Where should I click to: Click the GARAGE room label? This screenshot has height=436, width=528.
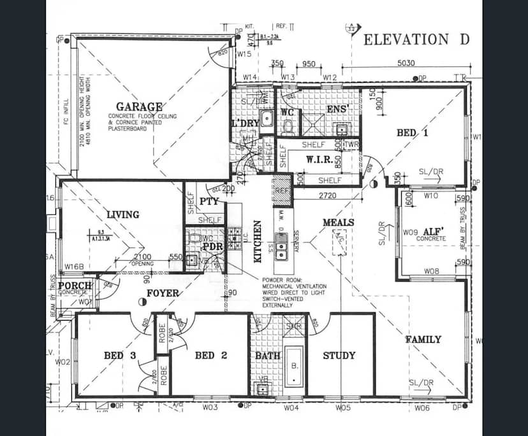click(138, 106)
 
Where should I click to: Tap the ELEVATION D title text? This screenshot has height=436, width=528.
click(416, 40)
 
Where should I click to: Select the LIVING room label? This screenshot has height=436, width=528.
click(122, 214)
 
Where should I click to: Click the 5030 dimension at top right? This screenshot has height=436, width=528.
click(406, 63)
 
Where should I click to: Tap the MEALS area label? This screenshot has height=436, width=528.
click(338, 222)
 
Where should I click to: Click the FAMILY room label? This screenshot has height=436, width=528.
click(423, 339)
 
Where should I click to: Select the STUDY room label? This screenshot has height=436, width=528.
click(339, 355)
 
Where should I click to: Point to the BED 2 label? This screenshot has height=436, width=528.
click(210, 355)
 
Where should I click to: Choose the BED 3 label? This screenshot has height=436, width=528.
click(120, 355)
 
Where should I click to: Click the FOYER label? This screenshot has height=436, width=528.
click(163, 293)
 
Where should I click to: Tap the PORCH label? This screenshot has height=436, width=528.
click(75, 285)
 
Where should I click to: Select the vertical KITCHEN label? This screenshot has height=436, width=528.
click(258, 242)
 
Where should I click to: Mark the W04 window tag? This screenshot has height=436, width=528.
click(291, 407)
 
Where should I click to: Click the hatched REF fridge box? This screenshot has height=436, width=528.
click(282, 189)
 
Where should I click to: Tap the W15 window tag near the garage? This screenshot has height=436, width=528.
click(244, 55)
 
